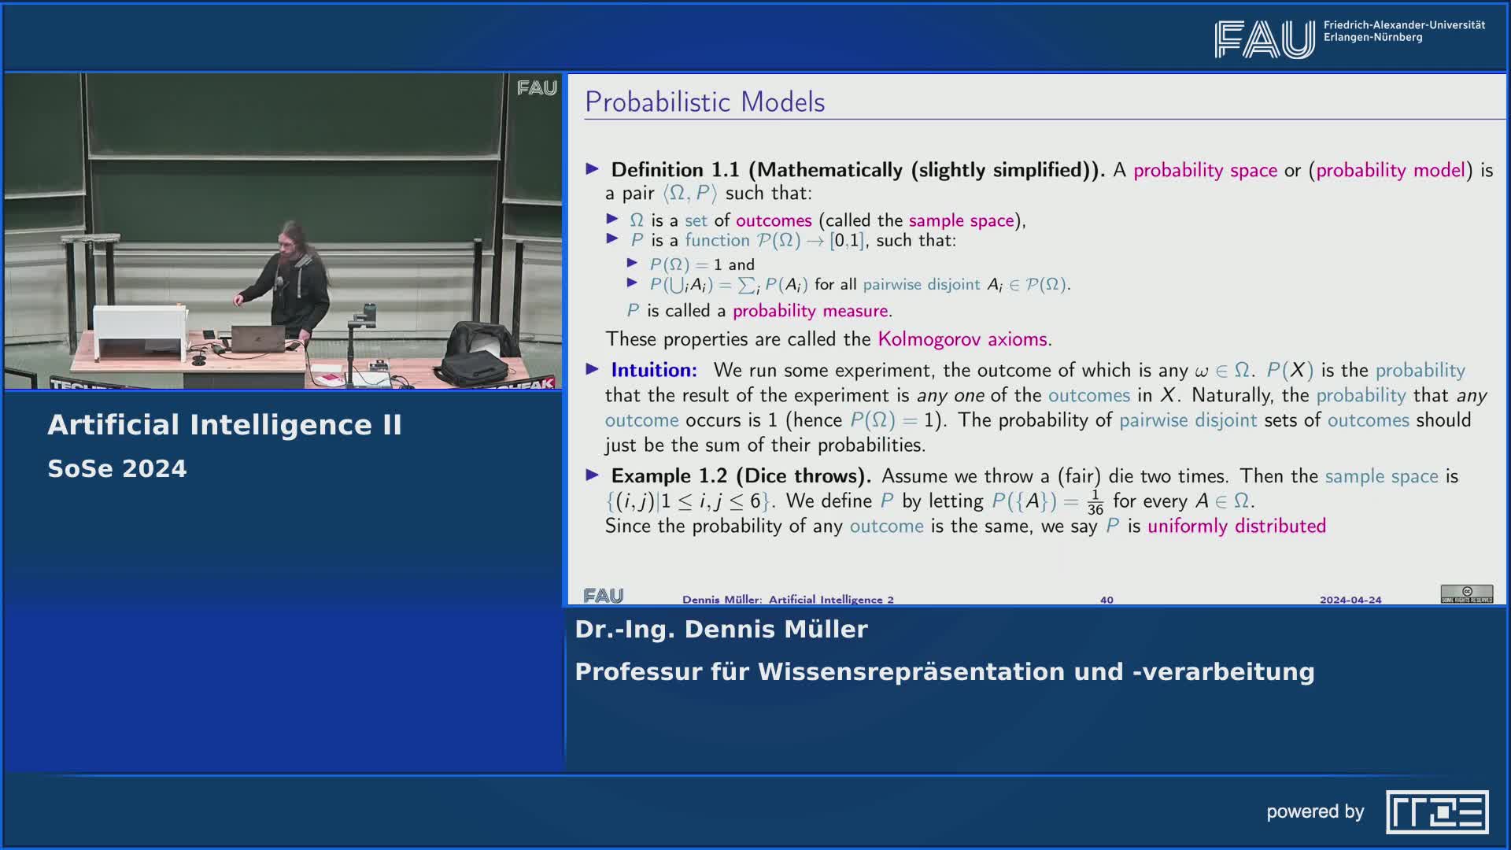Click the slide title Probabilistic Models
coord(704,102)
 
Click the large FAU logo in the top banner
coord(1264,39)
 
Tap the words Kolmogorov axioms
coord(962,339)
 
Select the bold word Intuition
coord(654,370)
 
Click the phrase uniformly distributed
coord(1236,526)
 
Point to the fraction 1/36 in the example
coord(1095,502)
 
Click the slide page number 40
coord(1106,600)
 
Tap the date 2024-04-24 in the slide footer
coord(1350,600)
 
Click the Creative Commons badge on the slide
coord(1467,594)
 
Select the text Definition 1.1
coord(675,170)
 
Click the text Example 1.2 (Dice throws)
coord(741,476)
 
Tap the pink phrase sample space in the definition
coord(961,220)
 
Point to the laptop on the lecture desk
coord(258,338)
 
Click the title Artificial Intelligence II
coord(224,425)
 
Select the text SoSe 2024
coord(117,469)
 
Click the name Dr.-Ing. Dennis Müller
coord(721,630)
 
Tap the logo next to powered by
coord(1437,812)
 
